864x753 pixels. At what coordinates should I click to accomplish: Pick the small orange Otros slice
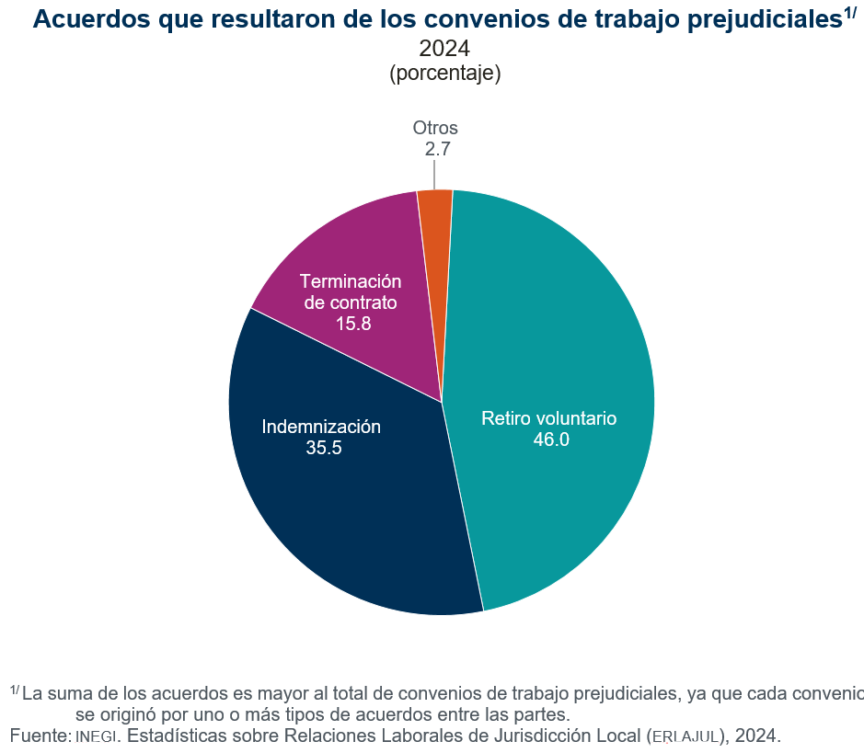click(435, 221)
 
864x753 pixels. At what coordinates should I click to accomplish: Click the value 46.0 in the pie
click(551, 439)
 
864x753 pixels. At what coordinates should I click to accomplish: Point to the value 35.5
click(324, 449)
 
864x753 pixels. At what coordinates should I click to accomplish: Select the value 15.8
click(353, 324)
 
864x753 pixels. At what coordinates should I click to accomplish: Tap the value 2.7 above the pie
click(437, 149)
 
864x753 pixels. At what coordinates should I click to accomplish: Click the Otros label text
click(435, 128)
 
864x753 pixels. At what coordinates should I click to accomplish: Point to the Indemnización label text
click(321, 427)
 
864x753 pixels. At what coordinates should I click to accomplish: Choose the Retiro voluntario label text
click(548, 418)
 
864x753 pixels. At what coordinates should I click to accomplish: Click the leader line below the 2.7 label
click(434, 175)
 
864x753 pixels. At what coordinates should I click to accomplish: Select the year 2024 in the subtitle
click(445, 49)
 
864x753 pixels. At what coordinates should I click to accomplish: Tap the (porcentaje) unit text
click(445, 74)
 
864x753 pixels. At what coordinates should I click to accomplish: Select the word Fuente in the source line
click(39, 736)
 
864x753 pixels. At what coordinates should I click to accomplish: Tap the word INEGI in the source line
click(96, 736)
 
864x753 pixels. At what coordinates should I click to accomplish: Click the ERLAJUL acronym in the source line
click(685, 736)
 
